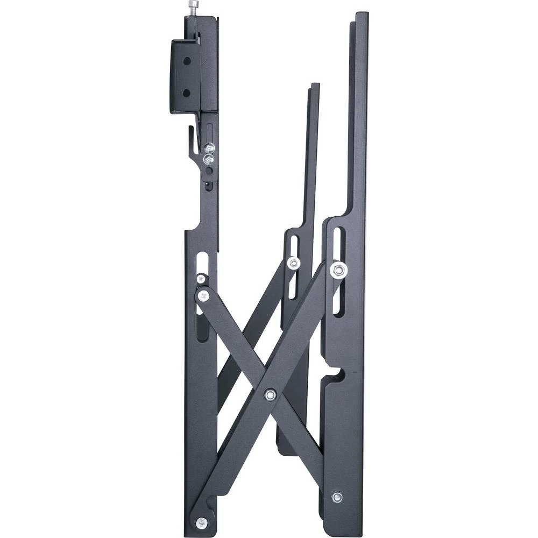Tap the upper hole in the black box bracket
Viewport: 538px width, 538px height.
click(187, 61)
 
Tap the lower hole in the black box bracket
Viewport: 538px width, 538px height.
click(187, 93)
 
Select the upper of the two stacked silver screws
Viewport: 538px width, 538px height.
click(209, 147)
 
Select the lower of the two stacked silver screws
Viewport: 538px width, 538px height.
click(207, 159)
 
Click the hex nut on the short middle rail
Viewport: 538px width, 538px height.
click(293, 263)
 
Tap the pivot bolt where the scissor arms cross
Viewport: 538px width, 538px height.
click(271, 395)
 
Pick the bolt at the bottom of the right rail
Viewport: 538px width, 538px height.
click(337, 497)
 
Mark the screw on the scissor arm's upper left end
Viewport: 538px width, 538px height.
click(204, 295)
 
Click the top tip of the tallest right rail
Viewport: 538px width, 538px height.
click(361, 14)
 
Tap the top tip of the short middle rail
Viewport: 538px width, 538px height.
click(315, 85)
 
